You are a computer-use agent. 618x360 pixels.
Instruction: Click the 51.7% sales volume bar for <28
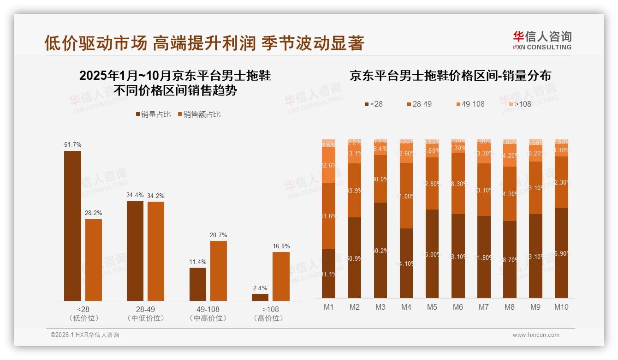72,226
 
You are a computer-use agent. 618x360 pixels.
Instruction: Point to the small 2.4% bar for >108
260,297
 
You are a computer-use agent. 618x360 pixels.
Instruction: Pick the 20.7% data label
218,235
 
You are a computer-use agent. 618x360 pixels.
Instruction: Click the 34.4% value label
135,195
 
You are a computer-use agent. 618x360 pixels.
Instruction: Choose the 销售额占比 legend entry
199,114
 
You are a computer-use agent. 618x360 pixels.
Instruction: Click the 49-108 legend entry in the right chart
470,104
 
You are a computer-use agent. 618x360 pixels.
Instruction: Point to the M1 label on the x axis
328,307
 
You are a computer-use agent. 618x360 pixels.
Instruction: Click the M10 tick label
561,307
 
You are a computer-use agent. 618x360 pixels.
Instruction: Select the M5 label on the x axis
432,307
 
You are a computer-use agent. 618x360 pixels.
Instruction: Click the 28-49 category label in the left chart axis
145,309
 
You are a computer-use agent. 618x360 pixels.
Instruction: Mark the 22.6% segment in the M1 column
328,165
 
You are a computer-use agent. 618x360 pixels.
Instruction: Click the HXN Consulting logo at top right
542,40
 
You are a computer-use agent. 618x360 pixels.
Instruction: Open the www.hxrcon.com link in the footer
536,335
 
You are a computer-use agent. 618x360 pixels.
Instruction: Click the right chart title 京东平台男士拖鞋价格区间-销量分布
450,76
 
